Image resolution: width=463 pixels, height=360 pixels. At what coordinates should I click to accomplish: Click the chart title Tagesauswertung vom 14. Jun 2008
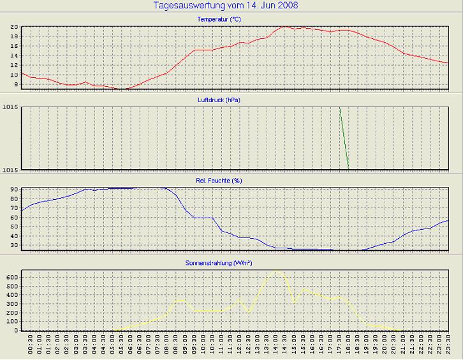[x=226, y=6]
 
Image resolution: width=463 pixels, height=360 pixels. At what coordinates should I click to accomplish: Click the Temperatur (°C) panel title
[x=219, y=20]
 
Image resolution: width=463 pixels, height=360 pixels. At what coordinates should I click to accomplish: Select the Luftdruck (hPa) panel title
[x=219, y=100]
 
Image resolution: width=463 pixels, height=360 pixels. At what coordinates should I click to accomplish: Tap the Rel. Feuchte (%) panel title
[x=219, y=181]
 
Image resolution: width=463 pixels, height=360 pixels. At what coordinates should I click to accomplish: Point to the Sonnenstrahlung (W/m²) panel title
[x=219, y=262]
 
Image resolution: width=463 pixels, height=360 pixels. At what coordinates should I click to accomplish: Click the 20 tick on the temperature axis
[x=13, y=27]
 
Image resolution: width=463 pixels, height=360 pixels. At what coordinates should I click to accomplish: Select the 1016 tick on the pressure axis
[x=10, y=107]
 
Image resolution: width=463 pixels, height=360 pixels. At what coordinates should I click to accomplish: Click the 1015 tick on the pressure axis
[x=10, y=169]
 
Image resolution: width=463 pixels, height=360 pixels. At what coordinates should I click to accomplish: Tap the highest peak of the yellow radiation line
[x=277, y=271]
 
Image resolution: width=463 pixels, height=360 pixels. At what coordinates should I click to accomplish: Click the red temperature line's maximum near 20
[x=285, y=27]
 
